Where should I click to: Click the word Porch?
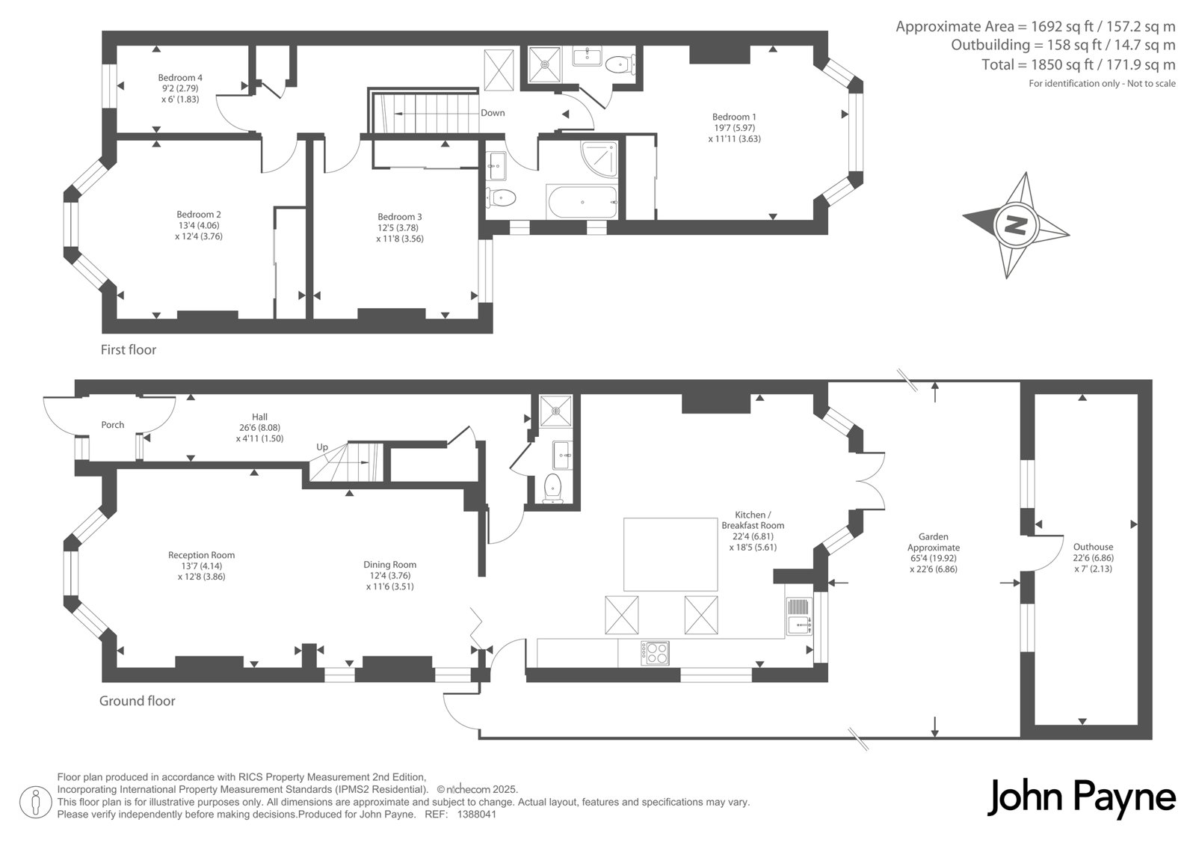click(113, 425)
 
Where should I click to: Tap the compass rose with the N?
click(1016, 225)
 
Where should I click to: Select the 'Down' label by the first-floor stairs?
click(493, 113)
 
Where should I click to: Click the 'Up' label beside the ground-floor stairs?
click(322, 447)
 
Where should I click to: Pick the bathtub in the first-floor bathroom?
click(582, 202)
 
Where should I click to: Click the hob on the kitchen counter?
click(655, 653)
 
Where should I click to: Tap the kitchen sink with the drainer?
click(799, 616)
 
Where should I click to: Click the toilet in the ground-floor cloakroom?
click(552, 488)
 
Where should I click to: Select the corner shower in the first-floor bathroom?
click(599, 159)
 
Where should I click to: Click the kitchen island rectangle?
click(671, 554)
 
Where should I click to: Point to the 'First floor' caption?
click(128, 350)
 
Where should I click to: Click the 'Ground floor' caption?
click(138, 701)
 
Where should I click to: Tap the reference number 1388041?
click(477, 815)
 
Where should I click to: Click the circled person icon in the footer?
click(35, 803)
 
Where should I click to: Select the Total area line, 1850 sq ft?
click(1079, 64)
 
